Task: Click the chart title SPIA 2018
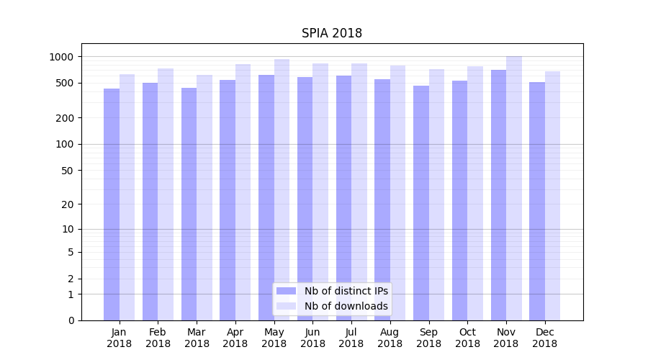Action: point(331,34)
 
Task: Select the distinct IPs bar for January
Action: point(112,204)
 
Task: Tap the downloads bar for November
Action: point(513,189)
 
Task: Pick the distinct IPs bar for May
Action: point(266,198)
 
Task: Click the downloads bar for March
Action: point(204,198)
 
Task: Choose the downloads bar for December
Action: point(552,196)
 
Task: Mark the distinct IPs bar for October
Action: point(459,201)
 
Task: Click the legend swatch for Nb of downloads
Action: point(286,306)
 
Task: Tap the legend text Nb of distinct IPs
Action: point(346,291)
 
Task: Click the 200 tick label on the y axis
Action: point(66,118)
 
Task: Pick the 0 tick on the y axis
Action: point(71,320)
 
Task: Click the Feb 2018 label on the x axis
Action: point(158,338)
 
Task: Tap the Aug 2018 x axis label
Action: point(390,338)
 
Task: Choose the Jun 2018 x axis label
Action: point(312,338)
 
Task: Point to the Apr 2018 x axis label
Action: point(235,338)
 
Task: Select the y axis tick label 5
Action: point(71,252)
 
